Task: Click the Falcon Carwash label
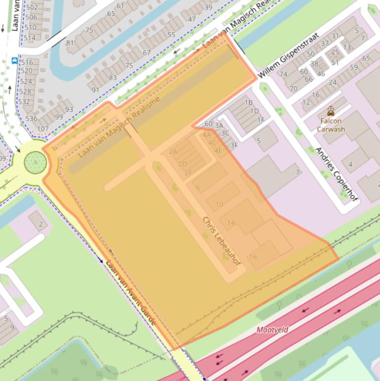pos(330,125)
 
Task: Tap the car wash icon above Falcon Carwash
pos(330,111)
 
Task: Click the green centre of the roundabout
pos(35,161)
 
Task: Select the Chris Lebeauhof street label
pos(221,241)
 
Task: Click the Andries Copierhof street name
pos(336,174)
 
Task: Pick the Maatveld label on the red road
pos(272,329)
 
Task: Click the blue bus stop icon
pos(14,61)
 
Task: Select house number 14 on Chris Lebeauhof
pos(231,223)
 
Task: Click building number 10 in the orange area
pos(219,204)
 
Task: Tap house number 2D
pos(182,164)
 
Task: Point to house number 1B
pos(249,102)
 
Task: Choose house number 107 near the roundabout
pos(43,129)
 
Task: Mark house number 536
pos(31,119)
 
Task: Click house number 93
pos(69,109)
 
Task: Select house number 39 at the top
pos(208,7)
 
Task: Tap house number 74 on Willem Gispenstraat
pos(283,74)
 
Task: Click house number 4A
pos(206,134)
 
